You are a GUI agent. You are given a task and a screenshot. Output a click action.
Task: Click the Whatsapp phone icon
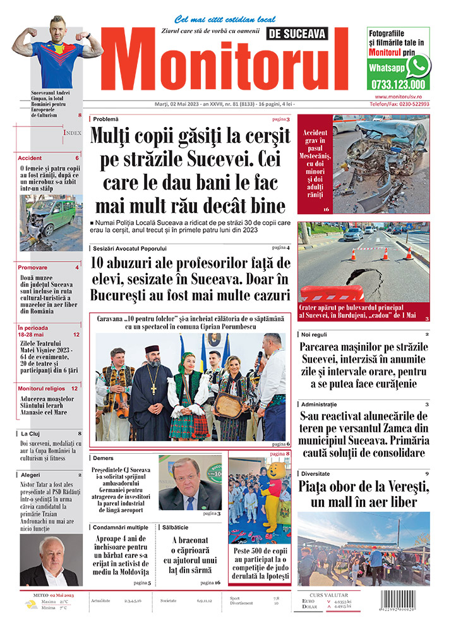point(418,66)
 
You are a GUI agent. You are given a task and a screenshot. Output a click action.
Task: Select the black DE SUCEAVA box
point(297,34)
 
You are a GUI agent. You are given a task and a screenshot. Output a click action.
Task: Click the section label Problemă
point(105,119)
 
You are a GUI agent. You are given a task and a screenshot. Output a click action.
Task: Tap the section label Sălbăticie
point(176,526)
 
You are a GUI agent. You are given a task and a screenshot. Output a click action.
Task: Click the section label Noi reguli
point(316,334)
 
